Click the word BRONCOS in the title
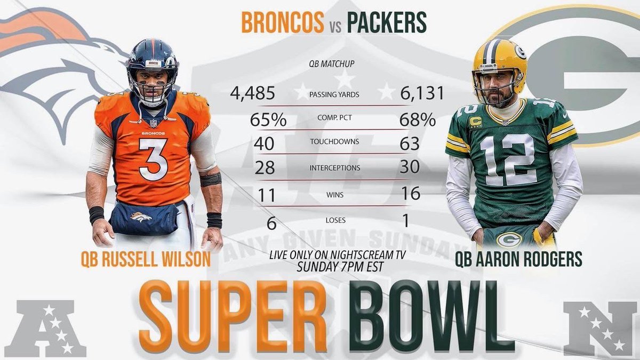(x=283, y=22)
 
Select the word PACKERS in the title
(x=387, y=22)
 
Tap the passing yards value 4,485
(x=253, y=93)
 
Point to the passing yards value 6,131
(x=422, y=93)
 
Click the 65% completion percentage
(x=268, y=119)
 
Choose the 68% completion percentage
(x=418, y=119)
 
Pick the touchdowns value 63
(x=410, y=143)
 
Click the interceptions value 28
(x=265, y=167)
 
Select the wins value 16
(x=411, y=194)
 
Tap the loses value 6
(x=271, y=223)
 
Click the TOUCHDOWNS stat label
(x=334, y=141)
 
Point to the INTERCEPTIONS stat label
(x=335, y=167)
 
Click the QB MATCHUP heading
(x=332, y=63)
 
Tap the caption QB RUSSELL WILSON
(x=146, y=259)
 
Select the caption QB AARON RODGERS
(x=518, y=259)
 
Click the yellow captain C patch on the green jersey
(x=475, y=122)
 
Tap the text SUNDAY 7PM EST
(x=340, y=267)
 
